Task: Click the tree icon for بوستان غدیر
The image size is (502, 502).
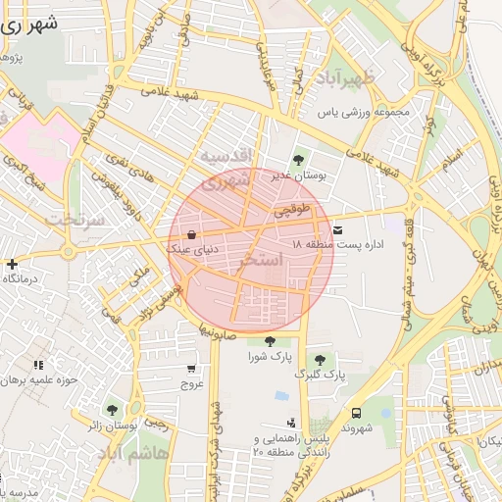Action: (298, 159)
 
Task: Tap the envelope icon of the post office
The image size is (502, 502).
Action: (338, 228)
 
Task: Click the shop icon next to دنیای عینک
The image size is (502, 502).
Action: (191, 234)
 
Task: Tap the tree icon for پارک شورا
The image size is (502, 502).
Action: (270, 340)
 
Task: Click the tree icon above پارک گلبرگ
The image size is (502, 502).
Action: (320, 360)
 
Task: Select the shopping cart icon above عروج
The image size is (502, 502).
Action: (191, 370)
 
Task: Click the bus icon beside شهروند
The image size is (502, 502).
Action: (356, 413)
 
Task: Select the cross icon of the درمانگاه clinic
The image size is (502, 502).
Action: (11, 264)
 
